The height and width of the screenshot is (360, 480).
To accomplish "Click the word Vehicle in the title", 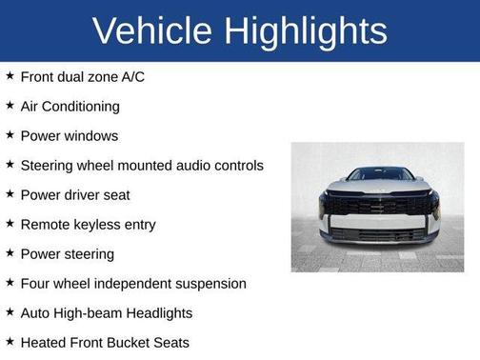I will click(152, 31).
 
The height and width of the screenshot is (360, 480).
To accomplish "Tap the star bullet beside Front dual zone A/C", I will click(10, 75).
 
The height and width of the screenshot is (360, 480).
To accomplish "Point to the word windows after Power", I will click(91, 135).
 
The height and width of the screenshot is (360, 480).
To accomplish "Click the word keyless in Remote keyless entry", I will click(102, 225).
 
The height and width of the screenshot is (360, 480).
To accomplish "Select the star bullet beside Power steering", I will click(10, 253).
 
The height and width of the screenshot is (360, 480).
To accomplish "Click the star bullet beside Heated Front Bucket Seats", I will click(10, 342).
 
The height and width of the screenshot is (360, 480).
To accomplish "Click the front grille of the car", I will click(379, 205).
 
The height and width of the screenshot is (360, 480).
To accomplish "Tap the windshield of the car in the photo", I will click(380, 174).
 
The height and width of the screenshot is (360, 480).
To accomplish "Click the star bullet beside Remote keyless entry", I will click(10, 224).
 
